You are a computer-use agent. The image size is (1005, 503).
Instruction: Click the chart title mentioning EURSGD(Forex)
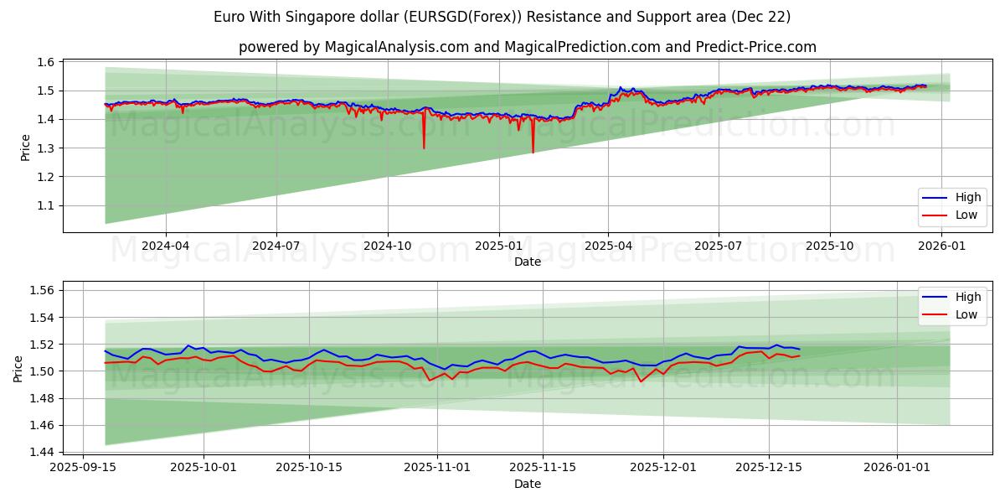click(502, 17)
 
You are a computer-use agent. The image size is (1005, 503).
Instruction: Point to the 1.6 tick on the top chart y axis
click(46, 62)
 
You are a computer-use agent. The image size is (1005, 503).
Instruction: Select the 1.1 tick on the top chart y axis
click(46, 205)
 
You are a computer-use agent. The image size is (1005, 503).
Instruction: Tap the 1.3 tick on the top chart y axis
click(46, 148)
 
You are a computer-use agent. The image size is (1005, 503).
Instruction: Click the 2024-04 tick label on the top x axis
click(165, 246)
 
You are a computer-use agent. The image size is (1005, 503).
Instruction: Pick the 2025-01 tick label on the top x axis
click(498, 246)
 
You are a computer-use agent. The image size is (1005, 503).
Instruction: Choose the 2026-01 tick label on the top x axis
click(943, 246)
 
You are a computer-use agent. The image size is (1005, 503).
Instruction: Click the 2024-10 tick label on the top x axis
click(387, 246)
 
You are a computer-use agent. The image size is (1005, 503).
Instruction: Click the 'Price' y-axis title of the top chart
click(25, 147)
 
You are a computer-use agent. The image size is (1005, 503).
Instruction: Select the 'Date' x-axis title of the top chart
click(528, 262)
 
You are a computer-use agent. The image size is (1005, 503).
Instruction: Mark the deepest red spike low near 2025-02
click(533, 152)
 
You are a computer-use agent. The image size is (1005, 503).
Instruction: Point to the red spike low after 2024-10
click(424, 148)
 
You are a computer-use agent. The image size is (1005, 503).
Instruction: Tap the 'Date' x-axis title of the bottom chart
click(528, 484)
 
